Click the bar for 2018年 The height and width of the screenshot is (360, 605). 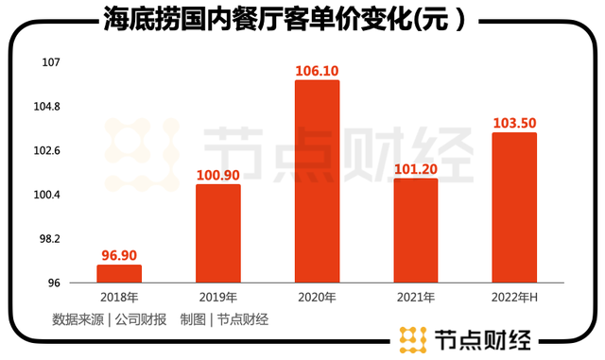pyautogui.click(x=119, y=274)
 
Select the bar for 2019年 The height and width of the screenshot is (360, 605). pyautogui.click(x=218, y=233)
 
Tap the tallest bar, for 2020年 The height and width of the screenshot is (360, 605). pyautogui.click(x=318, y=181)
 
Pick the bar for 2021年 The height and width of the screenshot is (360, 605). pyautogui.click(x=416, y=231)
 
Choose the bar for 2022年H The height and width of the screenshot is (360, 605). pyautogui.click(x=514, y=208)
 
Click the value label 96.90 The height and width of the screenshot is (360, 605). pyautogui.click(x=119, y=255)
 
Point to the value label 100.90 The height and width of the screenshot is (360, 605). pyautogui.click(x=218, y=175)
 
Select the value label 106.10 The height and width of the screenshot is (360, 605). pyautogui.click(x=317, y=71)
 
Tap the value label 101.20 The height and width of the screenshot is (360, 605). pyautogui.click(x=416, y=169)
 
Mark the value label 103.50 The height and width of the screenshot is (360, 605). pyautogui.click(x=514, y=123)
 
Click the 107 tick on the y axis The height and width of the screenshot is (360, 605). pyautogui.click(x=51, y=62)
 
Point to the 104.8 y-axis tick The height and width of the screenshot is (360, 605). pyautogui.click(x=46, y=107)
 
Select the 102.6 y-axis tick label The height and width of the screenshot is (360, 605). pyautogui.click(x=46, y=150)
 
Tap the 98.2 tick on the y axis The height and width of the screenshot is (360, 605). pyautogui.click(x=50, y=239)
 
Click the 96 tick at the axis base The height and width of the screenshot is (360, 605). pyautogui.click(x=54, y=283)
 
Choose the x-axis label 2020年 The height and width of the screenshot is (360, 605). pyautogui.click(x=318, y=298)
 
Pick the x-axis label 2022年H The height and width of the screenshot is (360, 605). pyautogui.click(x=514, y=298)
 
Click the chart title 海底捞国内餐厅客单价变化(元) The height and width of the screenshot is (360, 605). pyautogui.click(x=284, y=19)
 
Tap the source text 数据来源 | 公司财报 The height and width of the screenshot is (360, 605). pyautogui.click(x=110, y=319)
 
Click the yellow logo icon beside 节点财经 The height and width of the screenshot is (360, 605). pyautogui.click(x=413, y=339)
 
